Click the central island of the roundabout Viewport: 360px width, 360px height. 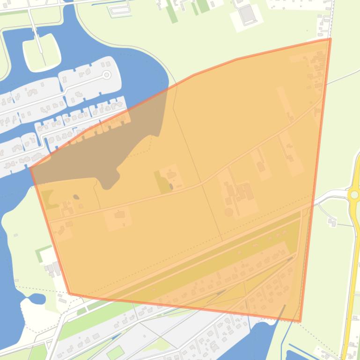coord(354,194)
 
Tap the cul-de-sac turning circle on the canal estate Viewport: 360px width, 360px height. coord(107,75)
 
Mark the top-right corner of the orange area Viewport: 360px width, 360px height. coord(330,39)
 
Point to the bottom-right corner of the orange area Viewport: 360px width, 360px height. coord(300,321)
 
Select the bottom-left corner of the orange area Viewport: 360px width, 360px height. coord(70,294)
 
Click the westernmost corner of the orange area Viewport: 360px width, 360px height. coord(31,167)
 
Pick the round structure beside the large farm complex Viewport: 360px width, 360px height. coord(228,212)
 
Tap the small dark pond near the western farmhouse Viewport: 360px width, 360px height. coord(76,197)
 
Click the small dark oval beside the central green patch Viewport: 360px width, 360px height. coord(171,187)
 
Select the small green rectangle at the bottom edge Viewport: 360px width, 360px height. coord(115,352)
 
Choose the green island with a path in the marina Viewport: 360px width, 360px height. coord(42,51)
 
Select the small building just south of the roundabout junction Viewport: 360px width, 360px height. coord(333,222)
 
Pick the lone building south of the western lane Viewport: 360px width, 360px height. coord(120,215)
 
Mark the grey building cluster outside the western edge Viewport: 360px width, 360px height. coord(52,268)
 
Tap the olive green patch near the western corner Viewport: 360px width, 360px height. coord(48,197)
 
